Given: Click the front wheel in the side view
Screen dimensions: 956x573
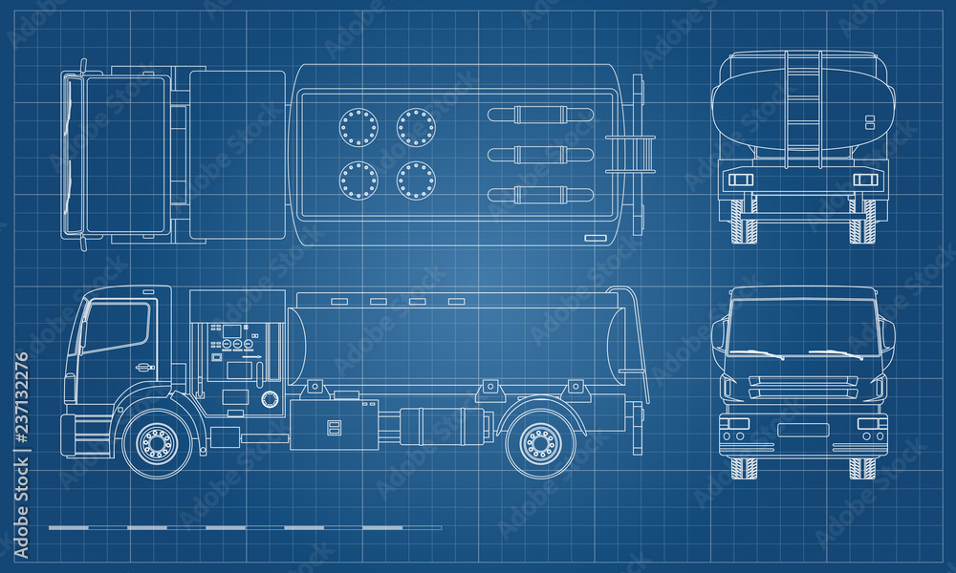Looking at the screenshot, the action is point(158,443).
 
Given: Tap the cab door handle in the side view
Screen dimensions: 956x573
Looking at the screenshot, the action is point(144,367).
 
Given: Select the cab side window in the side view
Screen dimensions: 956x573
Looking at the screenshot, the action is point(116,327).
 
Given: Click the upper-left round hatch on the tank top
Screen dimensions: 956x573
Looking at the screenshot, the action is point(358,127).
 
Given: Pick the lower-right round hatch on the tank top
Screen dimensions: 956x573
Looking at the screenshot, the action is point(416,180).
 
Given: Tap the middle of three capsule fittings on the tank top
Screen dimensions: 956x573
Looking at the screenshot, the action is point(541,155).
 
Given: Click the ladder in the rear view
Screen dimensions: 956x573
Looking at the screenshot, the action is point(803,110).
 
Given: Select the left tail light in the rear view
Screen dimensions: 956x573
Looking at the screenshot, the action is point(741,180).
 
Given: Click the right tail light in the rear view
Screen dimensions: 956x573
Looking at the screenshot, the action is point(865,180).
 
